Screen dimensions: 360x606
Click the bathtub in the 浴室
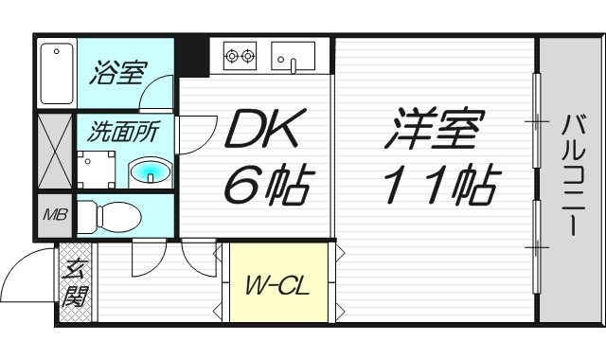coord(57,72)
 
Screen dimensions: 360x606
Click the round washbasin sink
coord(149,171)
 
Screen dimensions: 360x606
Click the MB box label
coord(53,214)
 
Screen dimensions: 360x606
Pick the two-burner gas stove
coord(240,56)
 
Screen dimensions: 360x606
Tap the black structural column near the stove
coord(195,55)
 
